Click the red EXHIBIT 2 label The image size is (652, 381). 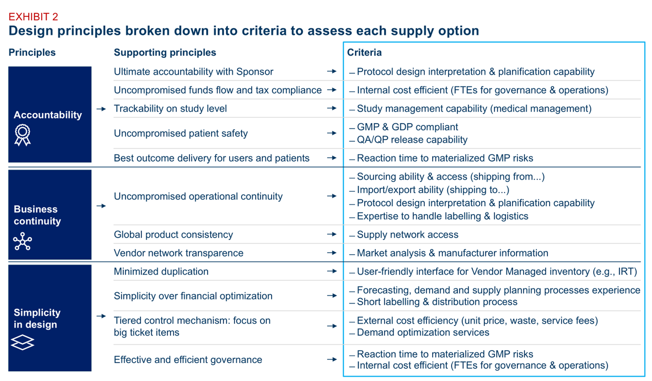(x=33, y=17)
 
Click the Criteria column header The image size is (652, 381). (x=364, y=52)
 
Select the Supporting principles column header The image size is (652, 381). (x=165, y=52)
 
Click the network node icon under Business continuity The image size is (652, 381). (x=22, y=241)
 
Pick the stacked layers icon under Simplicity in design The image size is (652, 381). (x=22, y=342)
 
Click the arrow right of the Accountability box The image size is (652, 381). (x=101, y=109)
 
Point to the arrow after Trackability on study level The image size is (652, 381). (x=332, y=108)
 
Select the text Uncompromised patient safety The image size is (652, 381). (x=181, y=133)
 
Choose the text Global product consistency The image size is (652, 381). (x=173, y=235)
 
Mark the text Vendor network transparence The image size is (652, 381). (x=179, y=253)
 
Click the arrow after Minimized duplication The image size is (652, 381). (x=332, y=271)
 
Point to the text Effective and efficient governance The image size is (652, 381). (x=188, y=359)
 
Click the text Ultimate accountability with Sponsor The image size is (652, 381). (x=194, y=71)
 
